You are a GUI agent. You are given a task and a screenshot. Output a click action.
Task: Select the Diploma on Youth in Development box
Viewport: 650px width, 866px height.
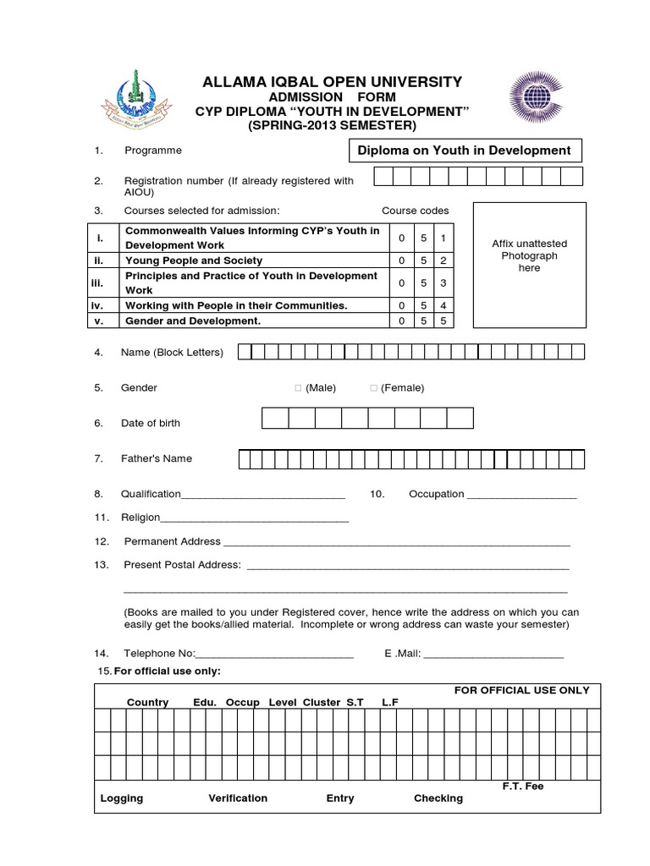[465, 151]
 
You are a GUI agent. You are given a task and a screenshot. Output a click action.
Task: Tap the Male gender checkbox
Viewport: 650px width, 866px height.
[298, 388]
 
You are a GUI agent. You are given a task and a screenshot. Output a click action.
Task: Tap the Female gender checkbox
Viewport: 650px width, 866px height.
[373, 388]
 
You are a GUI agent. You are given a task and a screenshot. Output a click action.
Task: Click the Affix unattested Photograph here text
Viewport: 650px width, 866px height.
[529, 255]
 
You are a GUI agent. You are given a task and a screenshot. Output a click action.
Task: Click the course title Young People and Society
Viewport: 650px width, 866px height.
[194, 260]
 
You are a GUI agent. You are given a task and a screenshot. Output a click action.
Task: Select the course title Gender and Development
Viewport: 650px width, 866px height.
[193, 321]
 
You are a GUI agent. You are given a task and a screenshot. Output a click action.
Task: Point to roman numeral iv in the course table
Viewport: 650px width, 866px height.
[99, 305]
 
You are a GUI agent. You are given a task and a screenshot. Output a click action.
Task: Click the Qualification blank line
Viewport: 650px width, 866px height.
[263, 496]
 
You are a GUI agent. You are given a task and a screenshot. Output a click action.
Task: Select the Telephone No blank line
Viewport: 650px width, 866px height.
[274, 655]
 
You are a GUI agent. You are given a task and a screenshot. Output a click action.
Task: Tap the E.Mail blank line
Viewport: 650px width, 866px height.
[498, 655]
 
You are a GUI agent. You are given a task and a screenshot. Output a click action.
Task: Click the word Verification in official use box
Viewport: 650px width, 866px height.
[238, 798]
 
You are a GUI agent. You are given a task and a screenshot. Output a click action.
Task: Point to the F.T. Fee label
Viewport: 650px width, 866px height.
[522, 787]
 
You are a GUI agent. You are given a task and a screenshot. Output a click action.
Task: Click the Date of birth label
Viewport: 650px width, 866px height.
[150, 423]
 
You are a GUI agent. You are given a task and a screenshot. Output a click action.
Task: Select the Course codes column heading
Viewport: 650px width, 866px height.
[415, 211]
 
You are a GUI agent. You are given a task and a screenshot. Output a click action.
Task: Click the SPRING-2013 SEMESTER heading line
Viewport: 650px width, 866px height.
[332, 126]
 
